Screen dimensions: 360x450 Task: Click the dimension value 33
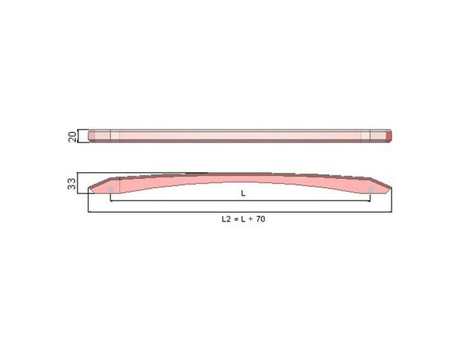pos(72,184)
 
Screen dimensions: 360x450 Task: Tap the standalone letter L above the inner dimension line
pos(243,194)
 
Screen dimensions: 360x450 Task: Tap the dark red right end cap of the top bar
pos(389,136)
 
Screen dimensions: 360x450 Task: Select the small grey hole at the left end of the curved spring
pos(110,189)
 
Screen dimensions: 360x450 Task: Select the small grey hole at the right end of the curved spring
pos(370,189)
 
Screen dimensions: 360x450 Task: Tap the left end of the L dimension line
pos(111,201)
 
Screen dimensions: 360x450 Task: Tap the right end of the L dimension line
pos(370,201)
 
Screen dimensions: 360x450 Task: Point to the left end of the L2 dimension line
pos(89,212)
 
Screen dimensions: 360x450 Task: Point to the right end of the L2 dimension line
pos(392,212)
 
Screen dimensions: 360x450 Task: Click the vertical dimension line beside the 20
pos(81,136)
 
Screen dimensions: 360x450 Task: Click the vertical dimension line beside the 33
pos(81,182)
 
